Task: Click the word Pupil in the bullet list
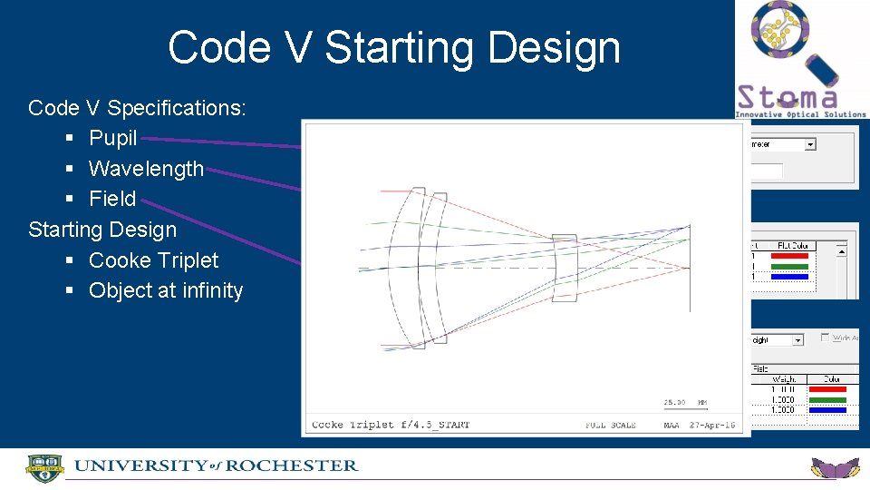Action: click(112, 138)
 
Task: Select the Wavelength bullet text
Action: click(146, 169)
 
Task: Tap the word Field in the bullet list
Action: click(112, 199)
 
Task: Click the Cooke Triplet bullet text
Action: click(153, 260)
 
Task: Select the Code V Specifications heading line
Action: click(137, 108)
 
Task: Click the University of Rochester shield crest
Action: click(44, 468)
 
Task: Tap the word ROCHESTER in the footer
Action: click(292, 466)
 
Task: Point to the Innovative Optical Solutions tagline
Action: click(800, 114)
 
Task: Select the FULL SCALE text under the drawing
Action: click(610, 425)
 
